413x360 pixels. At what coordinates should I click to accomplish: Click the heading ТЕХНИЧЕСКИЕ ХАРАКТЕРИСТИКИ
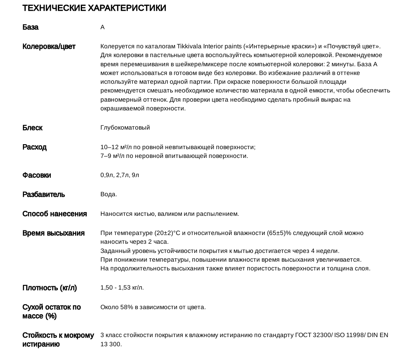pyautogui.click(x=94, y=8)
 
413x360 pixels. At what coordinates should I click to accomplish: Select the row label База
pyautogui.click(x=30, y=27)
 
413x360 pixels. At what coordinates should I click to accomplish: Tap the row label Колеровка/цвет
pyautogui.click(x=49, y=47)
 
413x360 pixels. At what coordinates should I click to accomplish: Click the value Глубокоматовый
pyautogui.click(x=125, y=127)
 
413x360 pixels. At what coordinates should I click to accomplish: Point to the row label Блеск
pyautogui.click(x=32, y=128)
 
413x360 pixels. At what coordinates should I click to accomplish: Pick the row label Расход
pyautogui.click(x=35, y=147)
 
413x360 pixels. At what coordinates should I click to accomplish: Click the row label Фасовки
pyautogui.click(x=37, y=175)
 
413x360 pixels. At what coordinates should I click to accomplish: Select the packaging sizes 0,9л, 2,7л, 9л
pyautogui.click(x=119, y=175)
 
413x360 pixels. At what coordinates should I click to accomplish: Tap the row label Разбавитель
pyautogui.click(x=44, y=195)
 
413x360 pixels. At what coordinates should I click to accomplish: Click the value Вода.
pyautogui.click(x=109, y=195)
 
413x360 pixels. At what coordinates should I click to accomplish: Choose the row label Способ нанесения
pyautogui.click(x=55, y=214)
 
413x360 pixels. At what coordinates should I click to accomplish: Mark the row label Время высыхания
pyautogui.click(x=53, y=233)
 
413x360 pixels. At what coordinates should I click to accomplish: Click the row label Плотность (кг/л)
pyautogui.click(x=50, y=288)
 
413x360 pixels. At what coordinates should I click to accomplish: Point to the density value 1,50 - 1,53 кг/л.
pyautogui.click(x=122, y=288)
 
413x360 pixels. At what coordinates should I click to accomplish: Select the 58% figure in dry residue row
pyautogui.click(x=126, y=307)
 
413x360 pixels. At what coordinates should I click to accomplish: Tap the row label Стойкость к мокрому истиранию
pyautogui.click(x=58, y=340)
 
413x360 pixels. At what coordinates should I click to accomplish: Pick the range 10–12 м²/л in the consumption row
pyautogui.click(x=114, y=147)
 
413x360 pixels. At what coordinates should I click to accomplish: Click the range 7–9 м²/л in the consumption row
pyautogui.click(x=111, y=156)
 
